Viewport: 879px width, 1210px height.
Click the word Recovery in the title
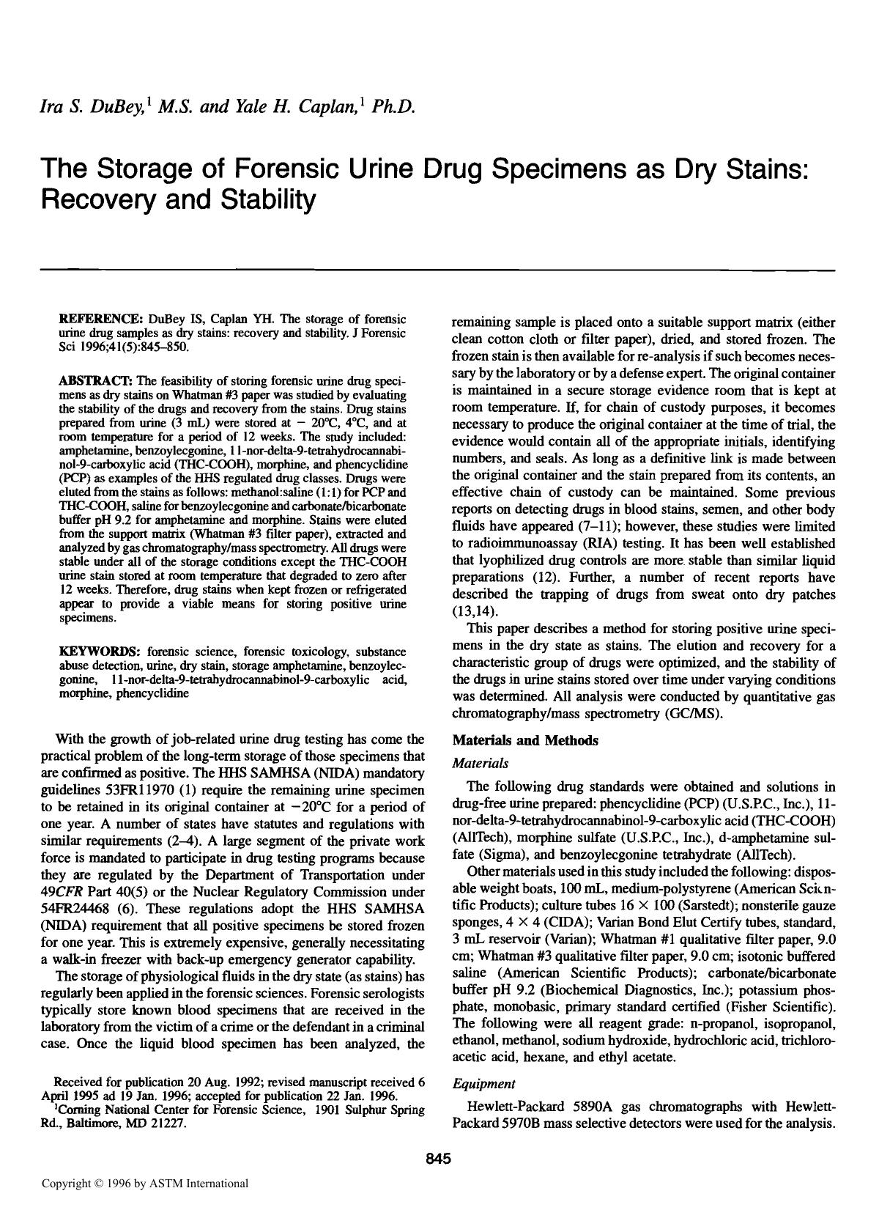(97, 199)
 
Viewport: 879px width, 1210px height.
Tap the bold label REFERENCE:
(101, 320)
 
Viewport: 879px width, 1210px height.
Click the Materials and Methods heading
(525, 740)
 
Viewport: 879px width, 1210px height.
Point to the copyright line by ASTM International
(145, 1183)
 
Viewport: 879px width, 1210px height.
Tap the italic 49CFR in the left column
(62, 892)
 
